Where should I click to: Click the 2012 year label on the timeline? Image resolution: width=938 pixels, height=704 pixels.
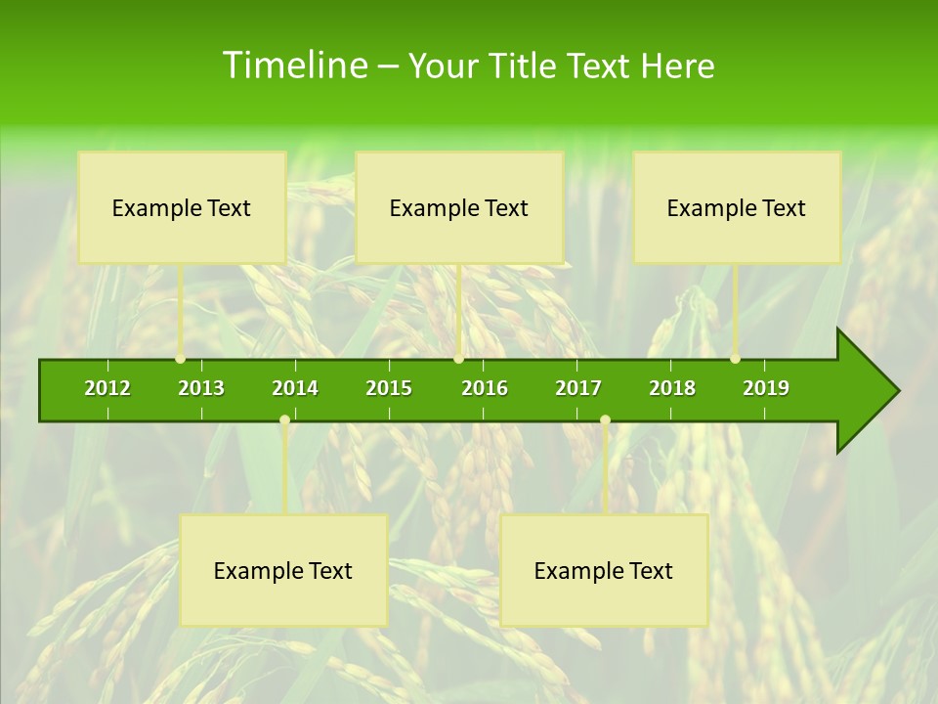pos(107,388)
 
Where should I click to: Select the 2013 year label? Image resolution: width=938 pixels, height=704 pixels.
pos(201,388)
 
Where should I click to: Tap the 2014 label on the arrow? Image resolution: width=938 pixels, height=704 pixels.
pos(295,388)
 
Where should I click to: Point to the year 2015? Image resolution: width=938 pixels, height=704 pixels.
pos(389,388)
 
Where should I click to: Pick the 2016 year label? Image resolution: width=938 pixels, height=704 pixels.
pos(485,388)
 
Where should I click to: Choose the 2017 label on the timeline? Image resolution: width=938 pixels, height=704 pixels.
pos(578,388)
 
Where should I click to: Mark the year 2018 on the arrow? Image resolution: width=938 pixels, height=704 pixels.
pos(672,388)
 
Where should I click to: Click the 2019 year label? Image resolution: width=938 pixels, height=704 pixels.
pos(766,388)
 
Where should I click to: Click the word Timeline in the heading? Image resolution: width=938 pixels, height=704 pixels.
pos(293,66)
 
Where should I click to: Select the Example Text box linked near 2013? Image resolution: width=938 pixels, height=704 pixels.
pos(182,207)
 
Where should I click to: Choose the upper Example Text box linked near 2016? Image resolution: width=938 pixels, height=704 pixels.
pos(459,207)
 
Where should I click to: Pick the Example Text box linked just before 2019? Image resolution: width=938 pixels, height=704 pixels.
pos(737,207)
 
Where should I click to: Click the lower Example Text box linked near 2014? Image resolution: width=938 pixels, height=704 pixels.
pos(283,570)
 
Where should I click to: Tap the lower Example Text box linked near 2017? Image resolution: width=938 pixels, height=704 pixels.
pos(604,570)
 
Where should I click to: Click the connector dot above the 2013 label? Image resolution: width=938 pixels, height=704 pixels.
pos(181,359)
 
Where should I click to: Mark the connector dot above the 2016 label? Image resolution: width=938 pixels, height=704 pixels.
pos(458,359)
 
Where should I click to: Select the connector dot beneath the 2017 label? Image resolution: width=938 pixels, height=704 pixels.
pos(605,420)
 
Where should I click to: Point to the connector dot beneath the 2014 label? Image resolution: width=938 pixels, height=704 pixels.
pos(284,420)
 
